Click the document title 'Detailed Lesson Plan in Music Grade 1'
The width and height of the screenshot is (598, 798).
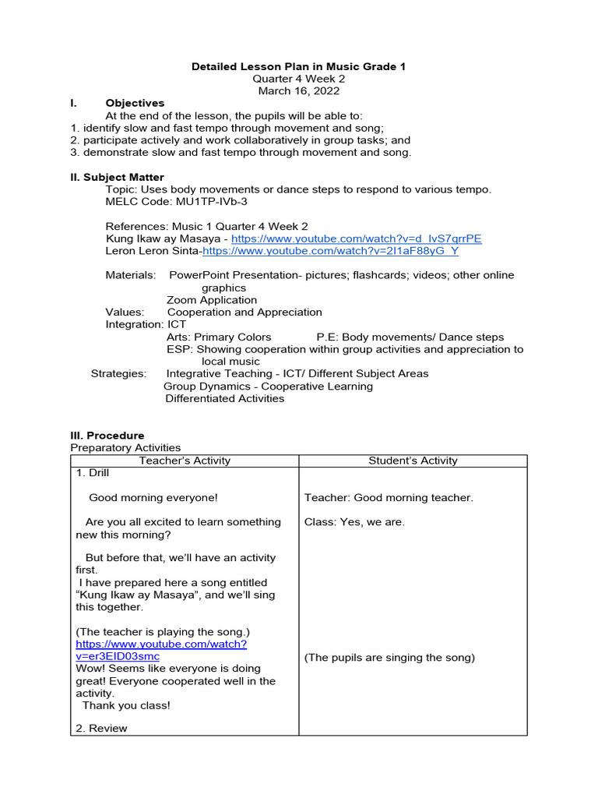(x=299, y=67)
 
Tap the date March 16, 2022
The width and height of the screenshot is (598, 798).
(x=299, y=91)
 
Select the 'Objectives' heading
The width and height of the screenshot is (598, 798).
(x=135, y=103)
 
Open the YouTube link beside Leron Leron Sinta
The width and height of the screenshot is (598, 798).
(x=330, y=251)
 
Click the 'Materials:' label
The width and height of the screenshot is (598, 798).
(x=131, y=275)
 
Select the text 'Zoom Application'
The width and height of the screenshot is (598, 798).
(x=212, y=300)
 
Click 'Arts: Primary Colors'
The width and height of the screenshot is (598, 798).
(x=219, y=337)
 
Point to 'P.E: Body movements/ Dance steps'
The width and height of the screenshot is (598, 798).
(x=410, y=337)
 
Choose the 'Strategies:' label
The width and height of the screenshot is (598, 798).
(x=118, y=374)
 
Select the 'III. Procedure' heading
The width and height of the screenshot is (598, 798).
(x=107, y=436)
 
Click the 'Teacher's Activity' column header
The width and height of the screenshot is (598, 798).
(x=185, y=461)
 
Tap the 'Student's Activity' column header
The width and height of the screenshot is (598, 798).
(x=413, y=461)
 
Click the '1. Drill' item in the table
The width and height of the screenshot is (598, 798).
(x=93, y=473)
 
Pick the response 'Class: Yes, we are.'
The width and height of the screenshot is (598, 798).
(x=354, y=522)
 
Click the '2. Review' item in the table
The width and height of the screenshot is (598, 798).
(x=101, y=728)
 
